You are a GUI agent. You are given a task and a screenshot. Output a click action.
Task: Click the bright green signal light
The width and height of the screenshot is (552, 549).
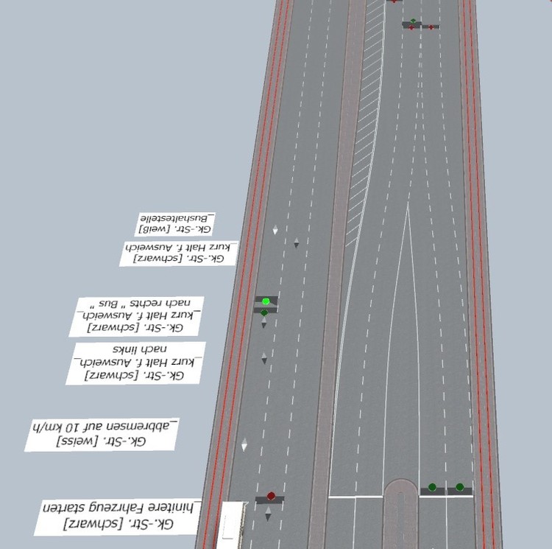(266, 301)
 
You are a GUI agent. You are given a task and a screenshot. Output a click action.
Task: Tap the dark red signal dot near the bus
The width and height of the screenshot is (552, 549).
(271, 496)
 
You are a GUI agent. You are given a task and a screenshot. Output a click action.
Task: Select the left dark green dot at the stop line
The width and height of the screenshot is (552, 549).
(432, 487)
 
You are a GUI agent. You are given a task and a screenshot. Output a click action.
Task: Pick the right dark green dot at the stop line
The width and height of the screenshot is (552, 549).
(460, 487)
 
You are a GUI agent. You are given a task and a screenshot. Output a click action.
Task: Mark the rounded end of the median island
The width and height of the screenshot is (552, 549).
(400, 486)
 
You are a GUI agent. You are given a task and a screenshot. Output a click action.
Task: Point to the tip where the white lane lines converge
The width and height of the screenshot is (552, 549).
(408, 203)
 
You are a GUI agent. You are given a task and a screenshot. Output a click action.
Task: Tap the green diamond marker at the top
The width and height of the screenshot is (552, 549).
(413, 21)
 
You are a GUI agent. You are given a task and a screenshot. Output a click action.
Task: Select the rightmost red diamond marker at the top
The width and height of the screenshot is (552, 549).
(431, 27)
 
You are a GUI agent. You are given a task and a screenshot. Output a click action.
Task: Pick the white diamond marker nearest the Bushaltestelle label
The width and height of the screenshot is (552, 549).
(275, 230)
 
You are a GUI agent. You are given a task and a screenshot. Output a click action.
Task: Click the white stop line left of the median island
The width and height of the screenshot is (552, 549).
(355, 496)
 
